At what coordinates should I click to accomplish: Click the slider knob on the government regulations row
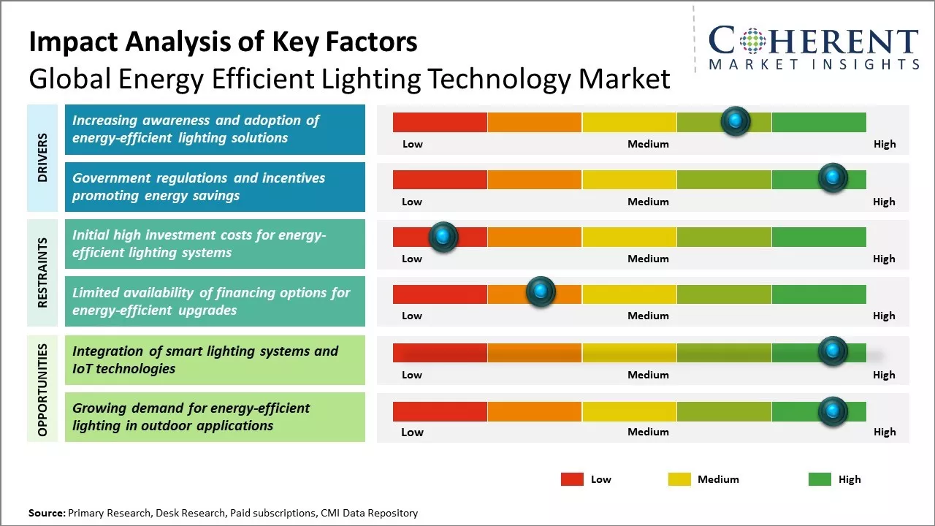(832, 178)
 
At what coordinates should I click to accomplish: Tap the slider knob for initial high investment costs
(443, 236)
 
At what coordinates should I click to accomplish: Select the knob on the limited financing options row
(541, 291)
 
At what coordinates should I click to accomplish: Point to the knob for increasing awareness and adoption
(736, 121)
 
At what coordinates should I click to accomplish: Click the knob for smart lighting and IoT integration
(832, 351)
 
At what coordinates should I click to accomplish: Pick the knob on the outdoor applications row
(832, 411)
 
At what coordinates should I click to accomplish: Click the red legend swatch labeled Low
(572, 479)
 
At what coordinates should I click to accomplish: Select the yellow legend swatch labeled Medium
(679, 479)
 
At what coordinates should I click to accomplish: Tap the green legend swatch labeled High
(820, 479)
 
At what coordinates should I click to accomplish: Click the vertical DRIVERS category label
(42, 158)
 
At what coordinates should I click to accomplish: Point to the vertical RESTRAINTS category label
(42, 272)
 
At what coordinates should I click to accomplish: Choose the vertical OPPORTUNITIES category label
(42, 390)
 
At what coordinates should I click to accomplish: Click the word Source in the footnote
(46, 513)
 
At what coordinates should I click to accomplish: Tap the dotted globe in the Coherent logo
(752, 40)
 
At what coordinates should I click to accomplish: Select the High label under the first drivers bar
(885, 144)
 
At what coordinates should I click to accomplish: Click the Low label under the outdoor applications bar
(412, 432)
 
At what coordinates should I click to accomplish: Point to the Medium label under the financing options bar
(648, 316)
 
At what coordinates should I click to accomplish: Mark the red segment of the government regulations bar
(440, 180)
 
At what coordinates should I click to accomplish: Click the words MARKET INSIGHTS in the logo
(814, 64)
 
